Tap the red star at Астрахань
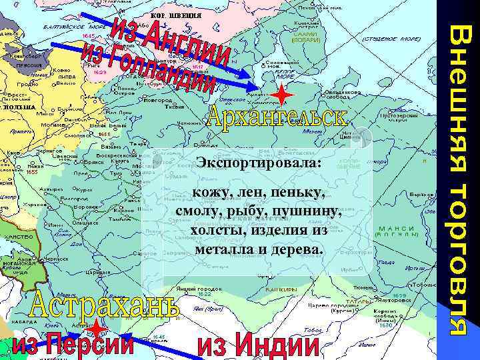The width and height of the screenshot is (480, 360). pyautogui.click(x=97, y=329)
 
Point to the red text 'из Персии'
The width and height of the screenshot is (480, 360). pyautogui.click(x=74, y=345)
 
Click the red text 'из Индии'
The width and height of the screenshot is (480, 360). pyautogui.click(x=259, y=345)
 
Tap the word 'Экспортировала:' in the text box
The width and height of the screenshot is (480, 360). pyautogui.click(x=259, y=163)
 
